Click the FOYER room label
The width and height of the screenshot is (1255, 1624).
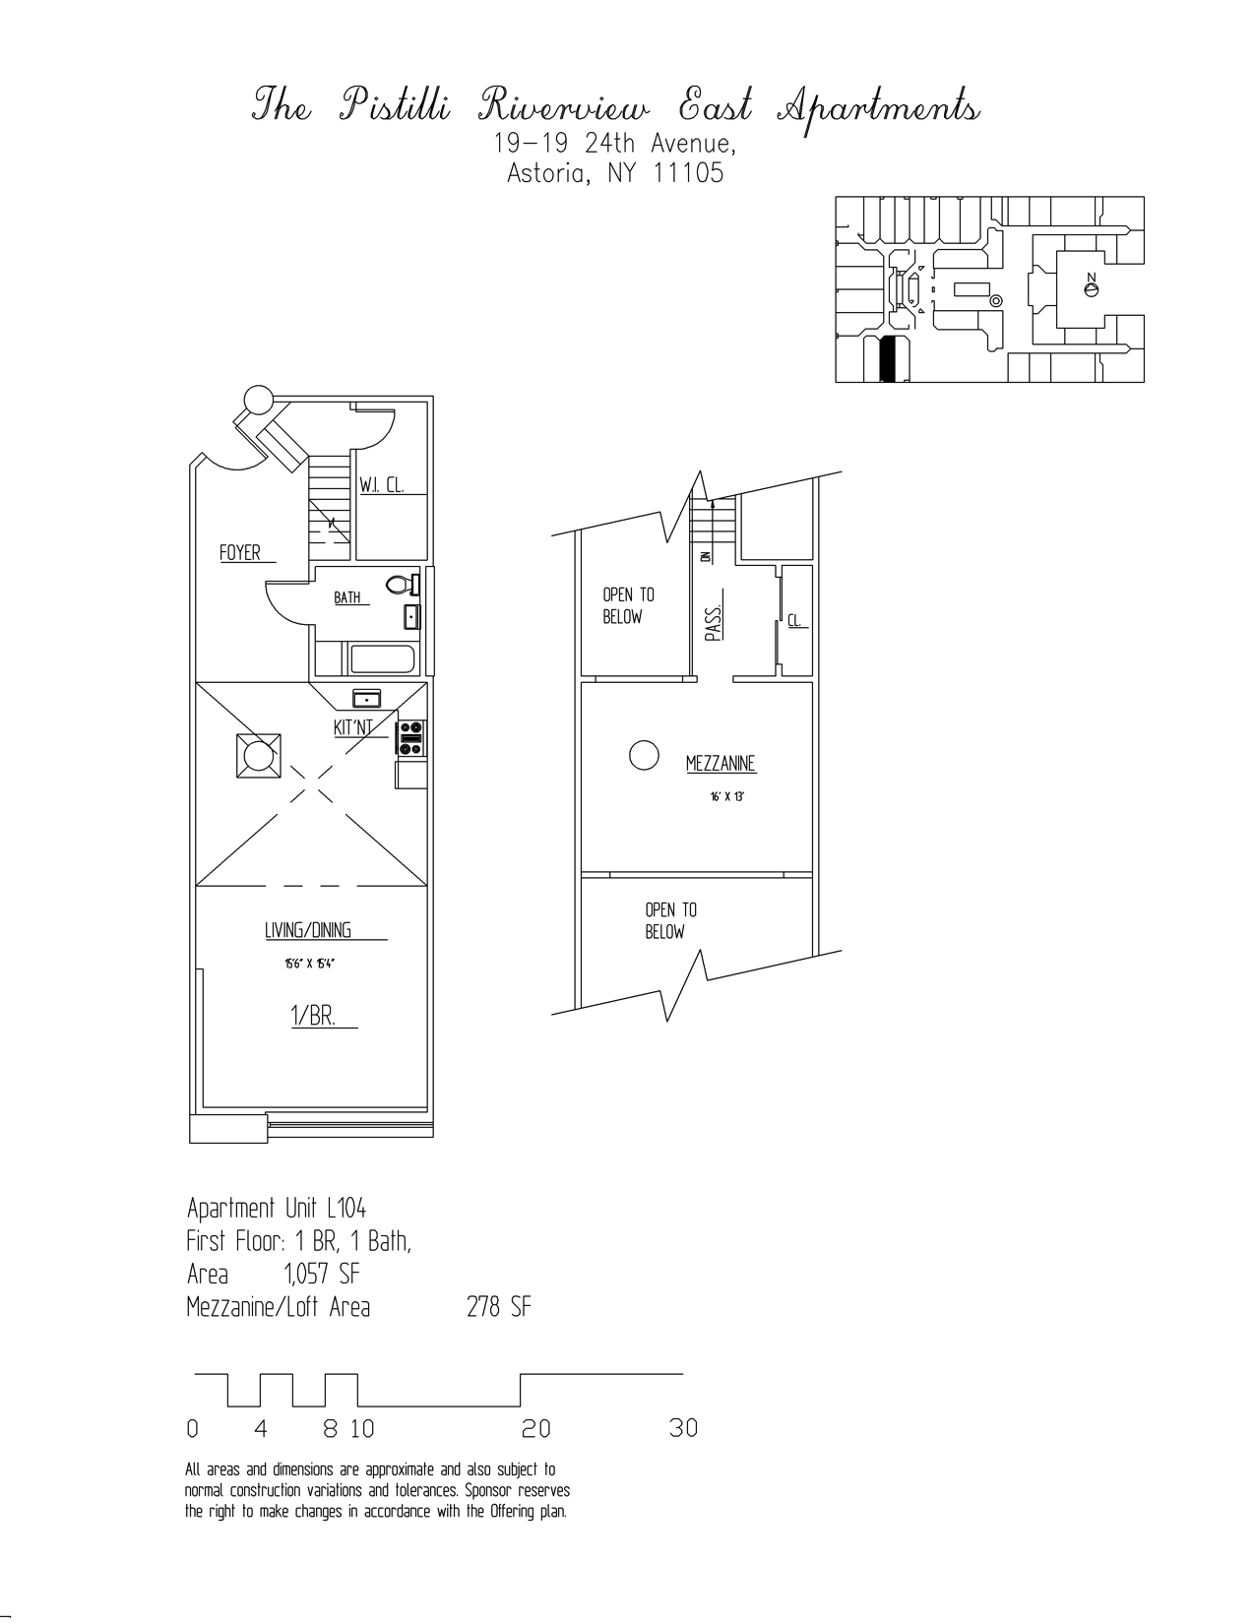tap(240, 553)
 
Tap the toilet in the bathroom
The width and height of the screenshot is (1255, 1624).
tap(401, 585)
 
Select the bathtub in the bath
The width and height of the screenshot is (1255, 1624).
tap(382, 658)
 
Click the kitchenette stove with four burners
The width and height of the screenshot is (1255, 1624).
tap(411, 738)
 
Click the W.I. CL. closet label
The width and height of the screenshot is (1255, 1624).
tap(381, 485)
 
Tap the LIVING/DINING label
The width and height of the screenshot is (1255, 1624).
tap(308, 931)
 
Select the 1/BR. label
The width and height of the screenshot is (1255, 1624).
tap(313, 1017)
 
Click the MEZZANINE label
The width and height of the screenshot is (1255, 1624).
tap(721, 763)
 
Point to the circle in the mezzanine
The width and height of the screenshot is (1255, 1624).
tap(643, 755)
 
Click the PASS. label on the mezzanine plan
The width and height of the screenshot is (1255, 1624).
tap(715, 623)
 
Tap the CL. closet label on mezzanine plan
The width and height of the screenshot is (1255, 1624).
tap(796, 621)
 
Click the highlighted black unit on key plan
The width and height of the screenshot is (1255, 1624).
tap(889, 359)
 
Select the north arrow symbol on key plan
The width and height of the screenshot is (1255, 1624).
tap(1090, 288)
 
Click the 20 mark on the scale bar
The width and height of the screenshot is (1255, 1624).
tap(536, 1428)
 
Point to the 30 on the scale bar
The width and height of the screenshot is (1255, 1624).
tap(683, 1428)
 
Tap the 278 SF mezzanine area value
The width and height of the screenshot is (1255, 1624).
tap(498, 1308)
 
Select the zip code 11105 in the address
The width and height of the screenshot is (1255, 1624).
tap(689, 174)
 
